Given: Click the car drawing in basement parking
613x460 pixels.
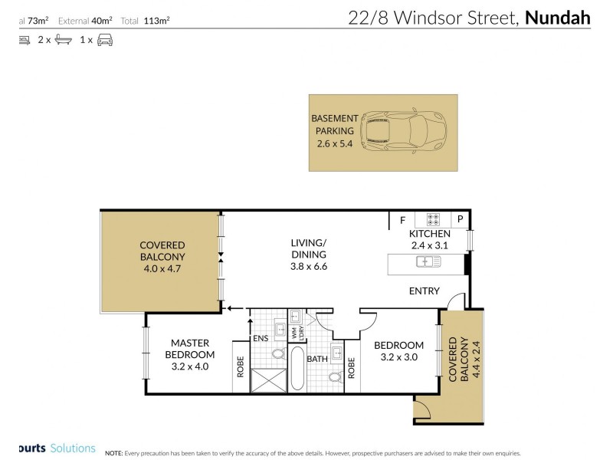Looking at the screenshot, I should tap(398, 131).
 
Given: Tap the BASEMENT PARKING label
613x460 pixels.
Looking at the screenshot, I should tap(334, 124).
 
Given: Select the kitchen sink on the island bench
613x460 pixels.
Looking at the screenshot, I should tap(428, 262).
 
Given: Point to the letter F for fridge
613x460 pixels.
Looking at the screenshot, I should tap(402, 221).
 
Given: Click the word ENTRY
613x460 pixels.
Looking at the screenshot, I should tap(424, 291).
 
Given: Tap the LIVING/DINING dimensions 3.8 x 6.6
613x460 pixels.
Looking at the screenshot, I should tap(309, 267).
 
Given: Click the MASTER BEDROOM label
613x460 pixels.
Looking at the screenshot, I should tap(191, 349).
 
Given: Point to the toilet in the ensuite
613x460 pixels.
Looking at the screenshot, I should tap(277, 353).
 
